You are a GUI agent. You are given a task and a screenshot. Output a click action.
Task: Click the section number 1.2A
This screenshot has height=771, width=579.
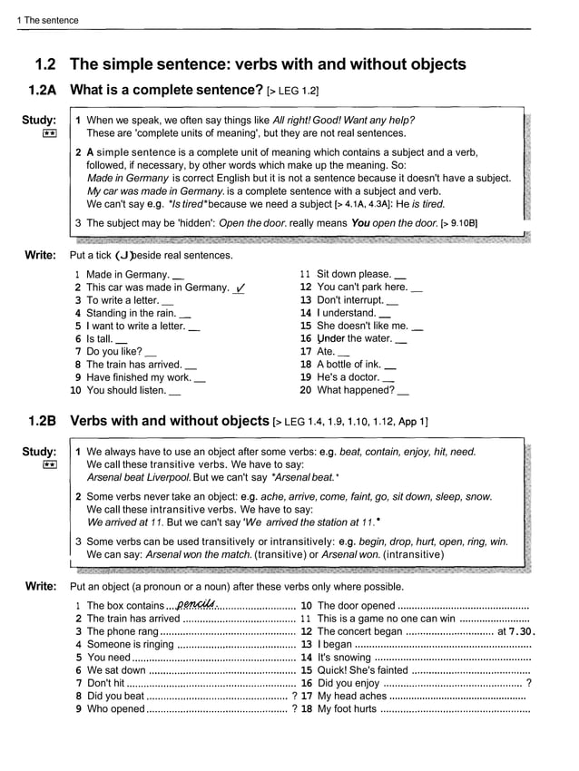coord(43,91)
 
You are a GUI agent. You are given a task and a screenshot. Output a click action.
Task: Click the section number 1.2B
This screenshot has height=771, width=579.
coord(43,421)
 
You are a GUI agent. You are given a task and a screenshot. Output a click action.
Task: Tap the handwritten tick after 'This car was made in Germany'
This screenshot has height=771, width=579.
coord(240,288)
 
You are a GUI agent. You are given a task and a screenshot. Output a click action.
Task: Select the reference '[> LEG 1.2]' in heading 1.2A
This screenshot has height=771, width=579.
coord(293,92)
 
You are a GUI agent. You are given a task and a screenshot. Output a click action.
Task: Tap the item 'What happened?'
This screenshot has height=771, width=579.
coord(355,391)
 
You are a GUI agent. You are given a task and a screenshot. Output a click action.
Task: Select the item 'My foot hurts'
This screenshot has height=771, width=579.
coord(347,709)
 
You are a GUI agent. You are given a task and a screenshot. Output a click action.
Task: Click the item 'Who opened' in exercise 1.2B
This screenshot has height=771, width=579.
coord(115,709)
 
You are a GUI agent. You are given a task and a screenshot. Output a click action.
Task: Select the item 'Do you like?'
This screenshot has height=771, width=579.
coord(114,352)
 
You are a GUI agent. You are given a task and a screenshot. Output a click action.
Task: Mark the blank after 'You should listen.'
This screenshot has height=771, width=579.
coord(174,392)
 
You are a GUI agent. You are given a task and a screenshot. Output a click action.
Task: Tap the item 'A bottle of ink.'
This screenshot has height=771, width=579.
coord(348,365)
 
